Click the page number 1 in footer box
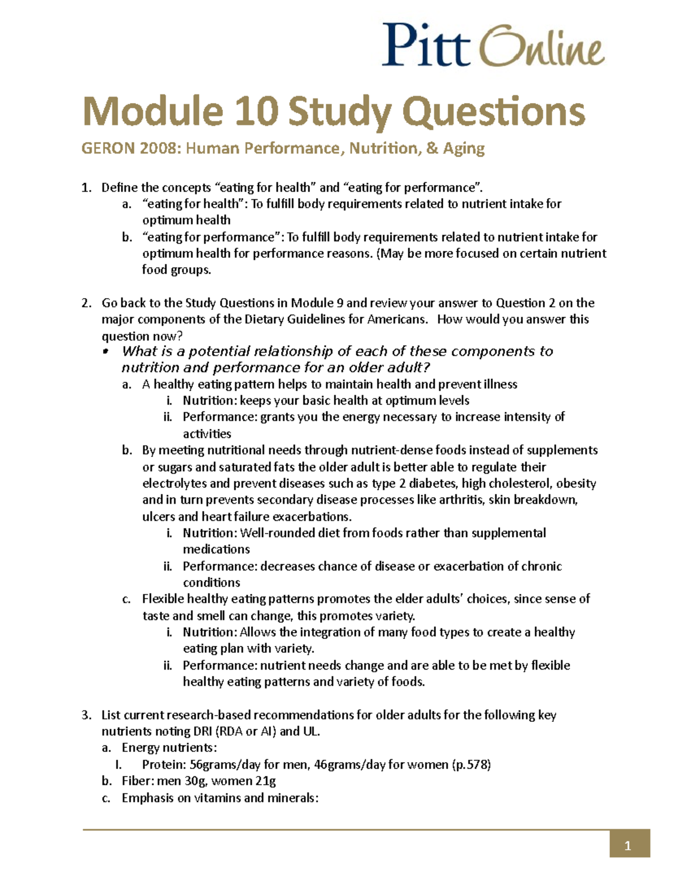tap(628, 846)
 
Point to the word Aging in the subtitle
tap(464, 149)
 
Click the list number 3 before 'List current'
tap(86, 715)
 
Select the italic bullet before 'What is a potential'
tap(105, 352)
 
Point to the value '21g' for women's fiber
tap(265, 781)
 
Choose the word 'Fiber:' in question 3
tap(138, 781)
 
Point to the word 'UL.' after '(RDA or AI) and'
tap(312, 732)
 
